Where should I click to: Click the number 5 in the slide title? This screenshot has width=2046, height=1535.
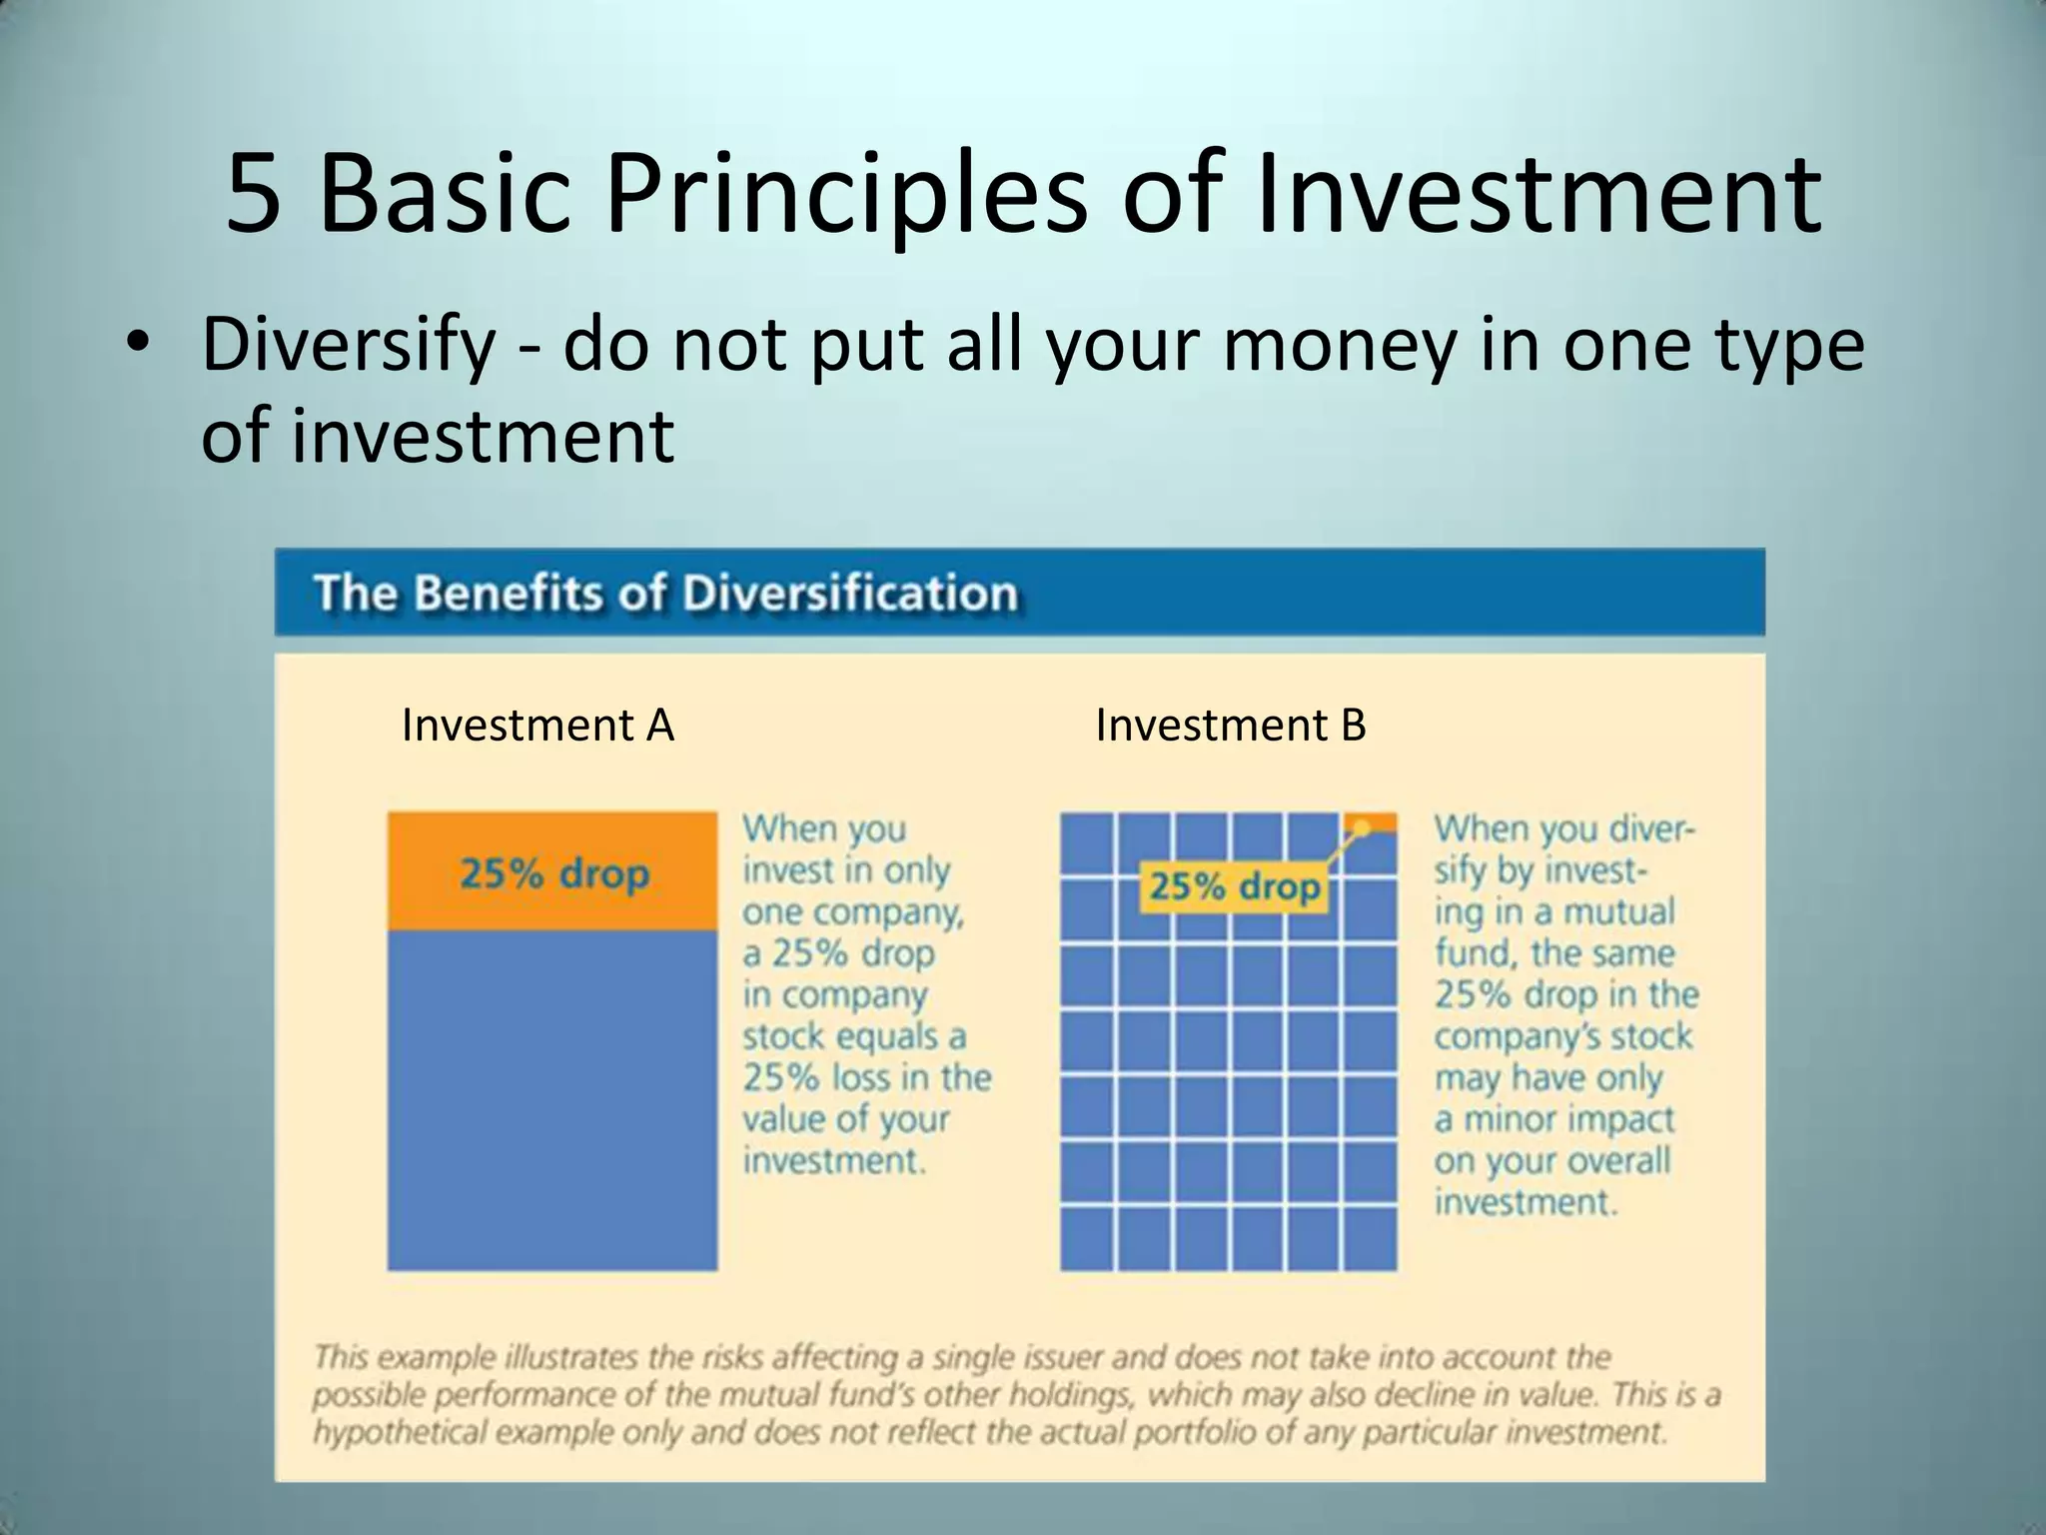click(254, 196)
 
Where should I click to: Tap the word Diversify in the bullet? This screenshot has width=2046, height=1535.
click(348, 345)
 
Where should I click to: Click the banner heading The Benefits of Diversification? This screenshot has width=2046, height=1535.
click(665, 593)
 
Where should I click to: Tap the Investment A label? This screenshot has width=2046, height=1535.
click(537, 726)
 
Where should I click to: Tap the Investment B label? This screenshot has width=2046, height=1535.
click(1230, 726)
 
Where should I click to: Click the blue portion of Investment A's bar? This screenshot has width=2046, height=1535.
click(552, 1099)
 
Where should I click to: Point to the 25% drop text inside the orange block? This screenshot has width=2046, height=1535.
click(554, 874)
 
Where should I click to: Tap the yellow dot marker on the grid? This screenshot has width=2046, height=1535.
click(1360, 828)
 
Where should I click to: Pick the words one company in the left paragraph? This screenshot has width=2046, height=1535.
click(851, 912)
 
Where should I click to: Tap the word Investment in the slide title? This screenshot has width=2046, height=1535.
click(1538, 196)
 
